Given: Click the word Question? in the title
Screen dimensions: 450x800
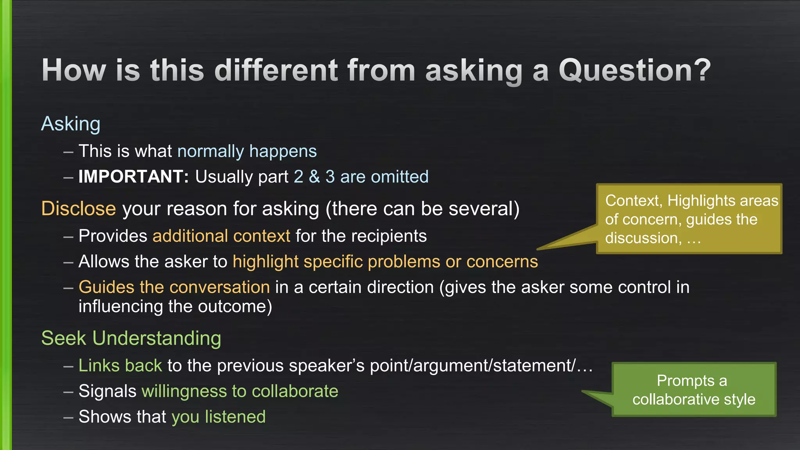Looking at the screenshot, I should (634, 70).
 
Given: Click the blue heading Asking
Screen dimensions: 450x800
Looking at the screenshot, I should (71, 124).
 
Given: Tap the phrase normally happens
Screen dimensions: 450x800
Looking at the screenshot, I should (247, 151).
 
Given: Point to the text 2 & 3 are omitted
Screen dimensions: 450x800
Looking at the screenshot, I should (361, 177).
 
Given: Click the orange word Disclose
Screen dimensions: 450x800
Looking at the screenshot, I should (79, 209).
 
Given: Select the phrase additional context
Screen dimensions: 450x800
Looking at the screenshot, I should (221, 236).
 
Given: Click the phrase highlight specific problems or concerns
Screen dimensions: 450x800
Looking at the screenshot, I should (385, 262).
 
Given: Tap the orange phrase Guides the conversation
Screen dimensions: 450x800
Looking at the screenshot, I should (174, 287).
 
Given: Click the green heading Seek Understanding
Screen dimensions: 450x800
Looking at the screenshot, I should (131, 338).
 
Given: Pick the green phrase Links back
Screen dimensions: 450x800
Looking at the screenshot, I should (120, 366).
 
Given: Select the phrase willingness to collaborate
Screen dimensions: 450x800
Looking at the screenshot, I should (240, 391).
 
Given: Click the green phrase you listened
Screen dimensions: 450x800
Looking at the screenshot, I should (219, 417).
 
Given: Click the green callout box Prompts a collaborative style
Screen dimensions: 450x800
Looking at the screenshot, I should (694, 390).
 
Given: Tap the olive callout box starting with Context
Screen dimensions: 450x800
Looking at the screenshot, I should (689, 219).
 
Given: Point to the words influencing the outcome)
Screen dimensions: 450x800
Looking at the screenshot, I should (175, 307).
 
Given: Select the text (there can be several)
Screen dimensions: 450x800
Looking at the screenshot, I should (423, 209).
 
